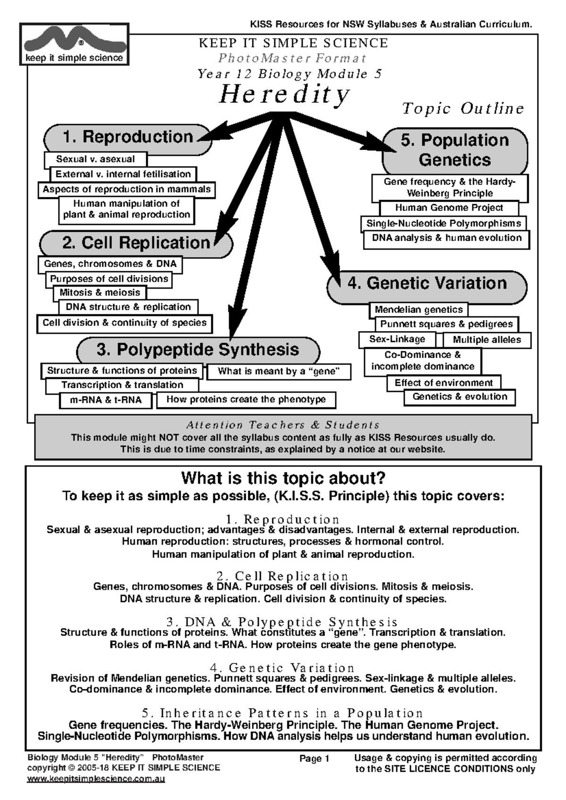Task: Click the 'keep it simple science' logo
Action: (x=74, y=44)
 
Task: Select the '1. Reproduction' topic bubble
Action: (x=127, y=137)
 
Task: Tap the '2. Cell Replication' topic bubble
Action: (x=136, y=243)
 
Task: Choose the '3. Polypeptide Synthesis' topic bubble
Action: (x=198, y=350)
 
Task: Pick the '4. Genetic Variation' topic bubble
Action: (x=427, y=283)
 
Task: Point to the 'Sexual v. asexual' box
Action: (x=95, y=159)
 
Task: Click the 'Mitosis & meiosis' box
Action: (x=100, y=293)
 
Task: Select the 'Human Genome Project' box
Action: (x=449, y=208)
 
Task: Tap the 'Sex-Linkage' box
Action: (x=397, y=339)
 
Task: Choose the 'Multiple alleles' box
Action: (x=487, y=340)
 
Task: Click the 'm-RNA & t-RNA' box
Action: (x=106, y=400)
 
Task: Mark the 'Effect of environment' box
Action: (x=443, y=383)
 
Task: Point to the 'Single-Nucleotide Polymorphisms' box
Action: (x=444, y=223)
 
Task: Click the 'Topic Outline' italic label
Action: (x=463, y=109)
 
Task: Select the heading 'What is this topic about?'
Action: (x=283, y=478)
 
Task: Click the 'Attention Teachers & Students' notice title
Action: (x=283, y=425)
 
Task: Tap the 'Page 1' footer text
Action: (x=314, y=759)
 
